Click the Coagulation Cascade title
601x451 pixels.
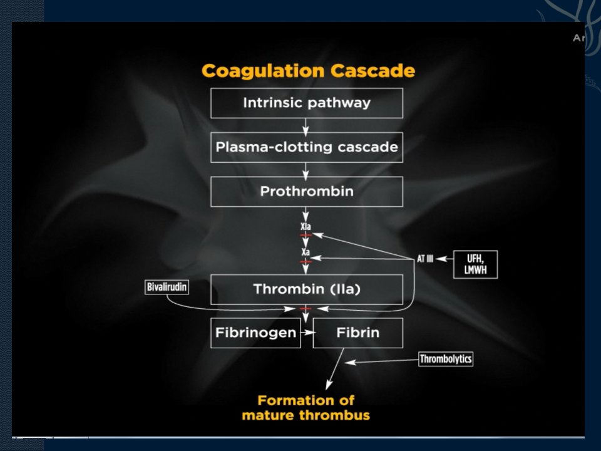(308, 71)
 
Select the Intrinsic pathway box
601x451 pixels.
(307, 103)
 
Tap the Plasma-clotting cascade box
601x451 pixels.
(307, 147)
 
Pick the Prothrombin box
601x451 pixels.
(307, 192)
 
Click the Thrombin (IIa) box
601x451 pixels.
(307, 289)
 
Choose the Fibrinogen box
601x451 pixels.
(255, 333)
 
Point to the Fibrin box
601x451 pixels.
(358, 333)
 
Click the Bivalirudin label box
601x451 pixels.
(167, 287)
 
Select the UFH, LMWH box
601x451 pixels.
(475, 264)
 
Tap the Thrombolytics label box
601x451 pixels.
(446, 359)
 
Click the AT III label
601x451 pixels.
(425, 259)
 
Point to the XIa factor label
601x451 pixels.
(306, 226)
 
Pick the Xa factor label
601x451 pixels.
(306, 252)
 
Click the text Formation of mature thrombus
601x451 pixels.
(306, 408)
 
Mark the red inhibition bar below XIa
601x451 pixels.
(306, 235)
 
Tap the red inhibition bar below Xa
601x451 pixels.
(306, 262)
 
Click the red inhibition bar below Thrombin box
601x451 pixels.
(306, 308)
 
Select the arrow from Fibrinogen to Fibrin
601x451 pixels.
(307, 333)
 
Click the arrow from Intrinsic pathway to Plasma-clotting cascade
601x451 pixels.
(306, 127)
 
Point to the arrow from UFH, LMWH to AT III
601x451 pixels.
(444, 259)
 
